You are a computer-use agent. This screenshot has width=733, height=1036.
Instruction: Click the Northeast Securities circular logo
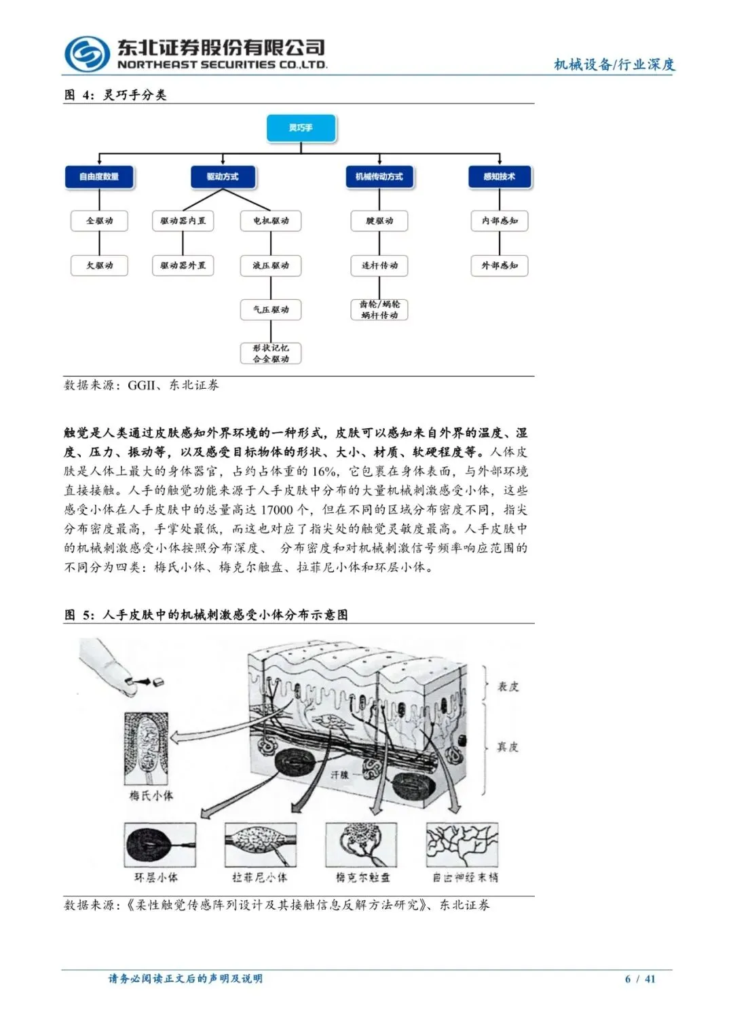[x=87, y=54]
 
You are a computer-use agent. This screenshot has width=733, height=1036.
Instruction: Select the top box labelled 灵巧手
[x=301, y=128]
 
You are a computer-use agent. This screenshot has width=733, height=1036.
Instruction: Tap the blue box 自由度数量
[x=99, y=176]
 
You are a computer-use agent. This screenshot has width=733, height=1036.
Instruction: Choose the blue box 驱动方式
[x=223, y=176]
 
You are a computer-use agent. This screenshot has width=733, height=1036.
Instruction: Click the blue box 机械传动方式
[x=379, y=176]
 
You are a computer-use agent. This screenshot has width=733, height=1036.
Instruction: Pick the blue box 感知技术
[x=499, y=176]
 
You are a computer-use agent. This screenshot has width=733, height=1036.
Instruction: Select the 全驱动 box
[x=99, y=220]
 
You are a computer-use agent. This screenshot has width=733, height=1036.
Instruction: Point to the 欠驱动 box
[x=99, y=265]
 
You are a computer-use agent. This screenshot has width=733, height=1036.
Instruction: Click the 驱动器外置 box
[x=183, y=265]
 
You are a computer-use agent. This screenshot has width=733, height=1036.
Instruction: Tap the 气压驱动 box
[x=271, y=309]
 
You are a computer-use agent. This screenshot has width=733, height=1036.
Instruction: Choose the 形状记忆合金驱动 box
[x=271, y=353]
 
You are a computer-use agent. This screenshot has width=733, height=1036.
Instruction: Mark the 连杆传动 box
[x=379, y=265]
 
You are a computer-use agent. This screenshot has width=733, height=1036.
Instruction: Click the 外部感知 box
[x=500, y=265]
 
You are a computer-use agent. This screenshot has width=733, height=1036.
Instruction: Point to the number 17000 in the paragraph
[x=278, y=510]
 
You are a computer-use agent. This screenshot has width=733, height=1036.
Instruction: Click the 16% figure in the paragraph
[x=324, y=472]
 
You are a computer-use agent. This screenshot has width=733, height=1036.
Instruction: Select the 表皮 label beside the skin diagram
[x=508, y=687]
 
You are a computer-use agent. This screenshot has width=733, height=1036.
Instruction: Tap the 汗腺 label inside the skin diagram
[x=339, y=774]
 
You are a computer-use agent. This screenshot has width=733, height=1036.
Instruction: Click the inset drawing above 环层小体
[x=160, y=845]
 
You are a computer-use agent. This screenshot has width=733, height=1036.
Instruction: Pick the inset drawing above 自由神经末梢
[x=462, y=845]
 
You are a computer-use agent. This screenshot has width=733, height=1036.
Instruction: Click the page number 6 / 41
[x=640, y=978]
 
